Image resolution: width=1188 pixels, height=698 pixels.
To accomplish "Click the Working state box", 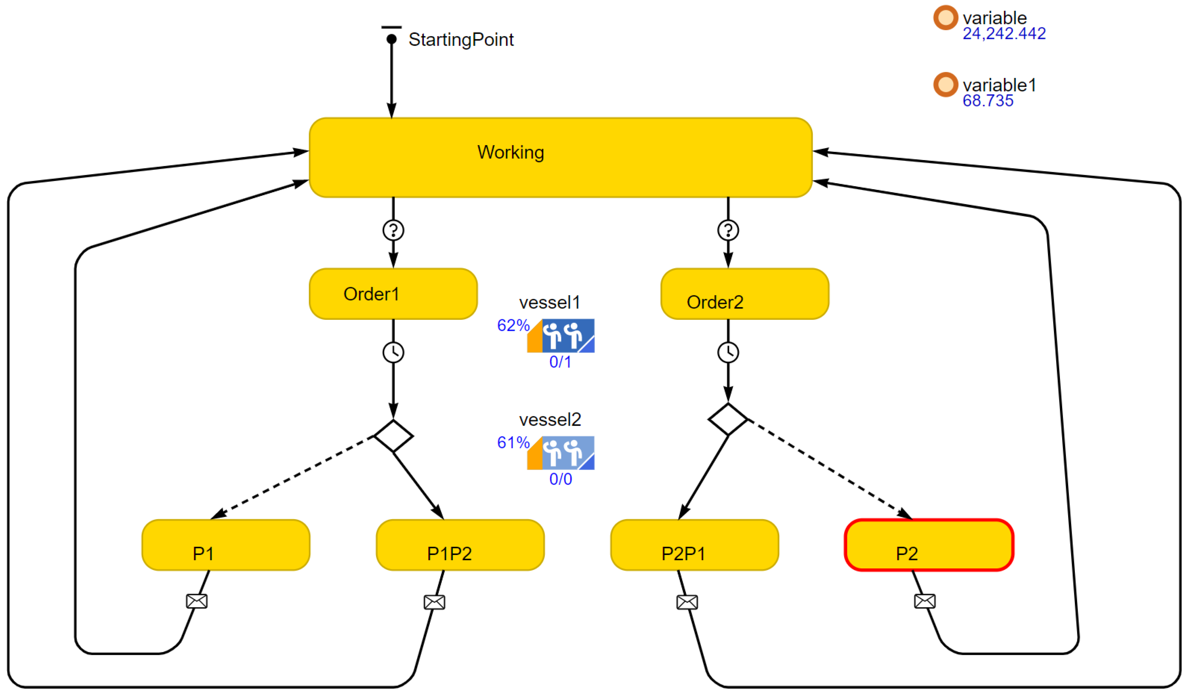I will [x=560, y=158].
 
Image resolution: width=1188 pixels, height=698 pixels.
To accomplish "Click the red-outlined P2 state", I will [x=929, y=545].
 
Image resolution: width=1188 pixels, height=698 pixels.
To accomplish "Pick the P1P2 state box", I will [x=460, y=545].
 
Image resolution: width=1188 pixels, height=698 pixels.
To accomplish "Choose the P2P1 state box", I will [x=694, y=545].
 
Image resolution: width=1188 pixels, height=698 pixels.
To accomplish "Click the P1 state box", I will [x=226, y=545].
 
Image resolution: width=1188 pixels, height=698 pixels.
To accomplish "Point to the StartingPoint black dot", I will [x=391, y=39].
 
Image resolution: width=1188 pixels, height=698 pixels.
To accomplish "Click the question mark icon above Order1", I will [x=393, y=230].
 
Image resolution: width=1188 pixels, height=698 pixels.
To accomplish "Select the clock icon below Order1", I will [x=393, y=352].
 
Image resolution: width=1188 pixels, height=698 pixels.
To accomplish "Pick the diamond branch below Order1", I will [x=394, y=436].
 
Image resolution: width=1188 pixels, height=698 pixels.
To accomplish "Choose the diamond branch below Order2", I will [x=728, y=419].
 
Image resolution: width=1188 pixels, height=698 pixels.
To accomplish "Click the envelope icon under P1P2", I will [x=434, y=602].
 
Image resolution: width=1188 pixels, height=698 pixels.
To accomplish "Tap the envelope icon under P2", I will [x=925, y=601].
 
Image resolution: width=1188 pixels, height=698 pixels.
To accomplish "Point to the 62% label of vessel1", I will [x=513, y=325].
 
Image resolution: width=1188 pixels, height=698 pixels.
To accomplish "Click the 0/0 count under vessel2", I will [x=560, y=479].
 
